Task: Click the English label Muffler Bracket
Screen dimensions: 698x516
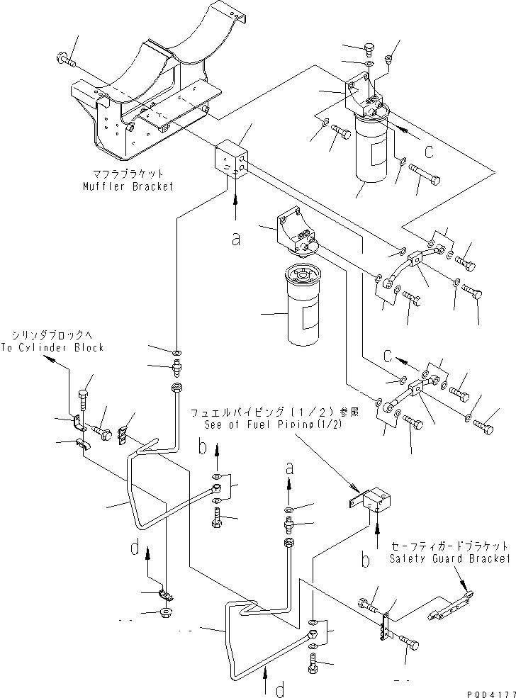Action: click(x=128, y=186)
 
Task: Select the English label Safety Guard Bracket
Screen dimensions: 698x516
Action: click(x=449, y=558)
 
